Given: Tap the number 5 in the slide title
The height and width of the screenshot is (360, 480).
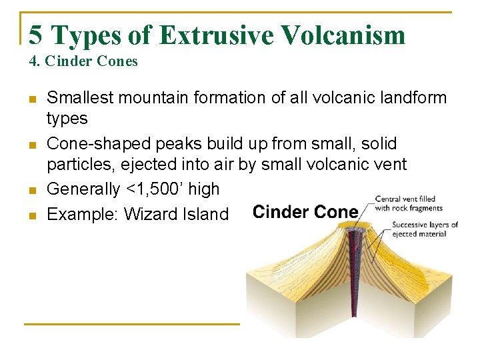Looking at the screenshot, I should (37, 34).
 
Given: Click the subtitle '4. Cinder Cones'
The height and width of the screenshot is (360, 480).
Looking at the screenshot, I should (83, 61).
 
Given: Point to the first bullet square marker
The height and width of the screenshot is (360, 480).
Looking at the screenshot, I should (32, 99).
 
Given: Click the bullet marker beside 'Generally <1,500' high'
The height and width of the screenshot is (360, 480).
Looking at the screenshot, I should (32, 190).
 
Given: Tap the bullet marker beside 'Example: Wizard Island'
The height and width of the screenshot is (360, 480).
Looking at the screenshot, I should (32, 215).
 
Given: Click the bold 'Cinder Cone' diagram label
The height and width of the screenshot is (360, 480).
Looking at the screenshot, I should (305, 213).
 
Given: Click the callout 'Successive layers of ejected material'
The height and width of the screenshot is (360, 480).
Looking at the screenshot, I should (425, 229).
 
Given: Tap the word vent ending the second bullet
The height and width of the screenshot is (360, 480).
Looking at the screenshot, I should (389, 165).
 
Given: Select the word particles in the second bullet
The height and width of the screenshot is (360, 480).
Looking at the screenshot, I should (77, 165).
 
